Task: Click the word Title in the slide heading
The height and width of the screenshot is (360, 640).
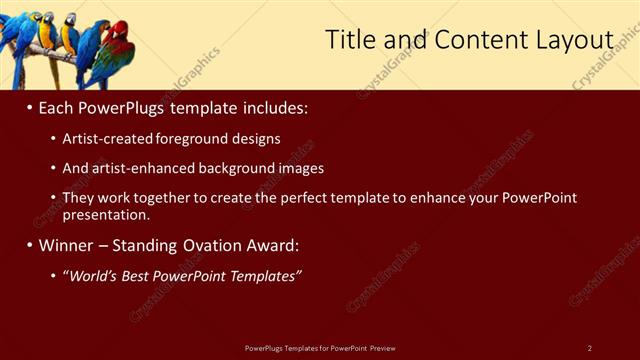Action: tap(349, 39)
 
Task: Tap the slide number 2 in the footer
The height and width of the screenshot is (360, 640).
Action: tap(589, 348)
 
